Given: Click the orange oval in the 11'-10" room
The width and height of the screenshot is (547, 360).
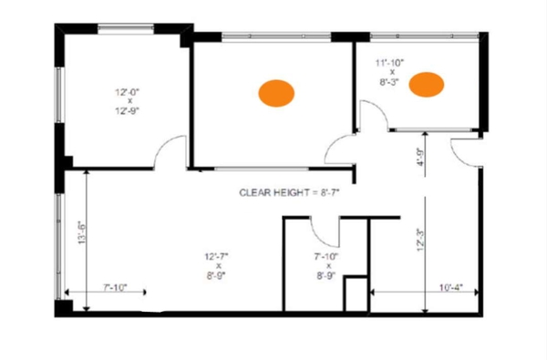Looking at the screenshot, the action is click(x=427, y=85).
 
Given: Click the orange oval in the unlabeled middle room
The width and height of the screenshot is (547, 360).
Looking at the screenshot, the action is click(x=276, y=93).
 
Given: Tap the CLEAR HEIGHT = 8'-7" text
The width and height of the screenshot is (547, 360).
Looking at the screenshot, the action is click(x=289, y=192).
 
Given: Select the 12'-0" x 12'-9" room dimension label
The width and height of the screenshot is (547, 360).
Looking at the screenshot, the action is click(x=128, y=101).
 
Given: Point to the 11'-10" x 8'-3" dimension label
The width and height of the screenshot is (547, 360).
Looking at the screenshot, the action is click(x=389, y=72).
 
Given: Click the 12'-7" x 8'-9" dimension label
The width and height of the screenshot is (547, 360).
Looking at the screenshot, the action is click(x=216, y=266).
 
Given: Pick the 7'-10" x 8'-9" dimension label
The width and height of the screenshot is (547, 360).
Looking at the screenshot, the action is click(x=326, y=266).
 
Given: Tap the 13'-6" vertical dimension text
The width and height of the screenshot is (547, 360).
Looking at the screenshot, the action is click(x=82, y=232).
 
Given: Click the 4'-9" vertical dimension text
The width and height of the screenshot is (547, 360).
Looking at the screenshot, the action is click(x=421, y=158).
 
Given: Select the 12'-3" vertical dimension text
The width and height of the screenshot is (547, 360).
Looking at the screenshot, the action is click(x=420, y=240).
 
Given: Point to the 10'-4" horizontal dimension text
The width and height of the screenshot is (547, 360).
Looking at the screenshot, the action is click(x=450, y=287).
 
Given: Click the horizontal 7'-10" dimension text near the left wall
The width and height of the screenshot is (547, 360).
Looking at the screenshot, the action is click(x=115, y=287).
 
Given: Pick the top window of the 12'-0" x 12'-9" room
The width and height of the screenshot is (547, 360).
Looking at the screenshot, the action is click(x=126, y=28).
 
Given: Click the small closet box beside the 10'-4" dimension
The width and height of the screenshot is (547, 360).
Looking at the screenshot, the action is click(x=356, y=293).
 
